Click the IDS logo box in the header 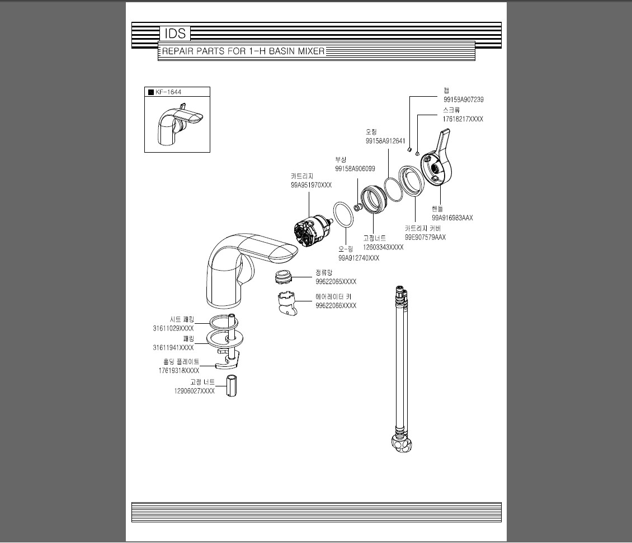tap(174, 34)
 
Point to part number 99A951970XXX tap(311, 185)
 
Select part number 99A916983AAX tap(452, 218)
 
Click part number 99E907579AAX tap(425, 237)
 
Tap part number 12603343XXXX tap(383, 247)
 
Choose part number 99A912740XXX tap(359, 258)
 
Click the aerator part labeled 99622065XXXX tap(284, 277)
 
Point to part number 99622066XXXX tap(336, 306)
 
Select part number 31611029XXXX tap(173, 328)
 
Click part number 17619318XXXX tap(179, 370)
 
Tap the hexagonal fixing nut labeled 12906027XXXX tap(232, 386)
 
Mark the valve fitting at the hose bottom tap(402, 442)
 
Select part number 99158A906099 tap(355, 169)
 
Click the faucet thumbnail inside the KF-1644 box tap(176, 126)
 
